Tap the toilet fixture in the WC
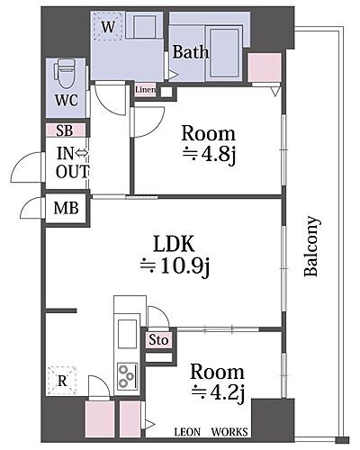66,71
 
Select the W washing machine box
108,28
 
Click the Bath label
191,52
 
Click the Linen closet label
147,90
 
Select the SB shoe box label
66,130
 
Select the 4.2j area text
216,391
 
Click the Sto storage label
157,341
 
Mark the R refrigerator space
63,381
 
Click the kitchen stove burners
127,373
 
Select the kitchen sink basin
127,329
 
